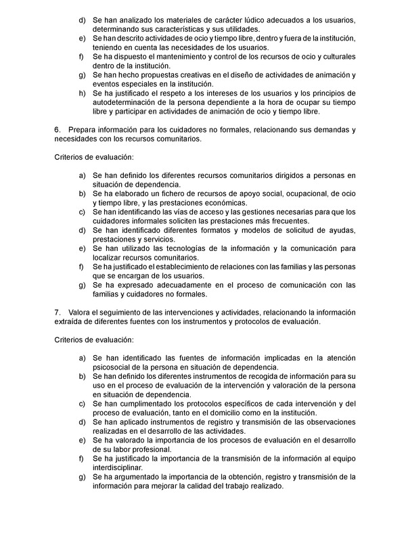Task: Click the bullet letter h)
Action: (82, 93)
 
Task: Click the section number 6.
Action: (56, 129)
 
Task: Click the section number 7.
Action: (56, 312)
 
